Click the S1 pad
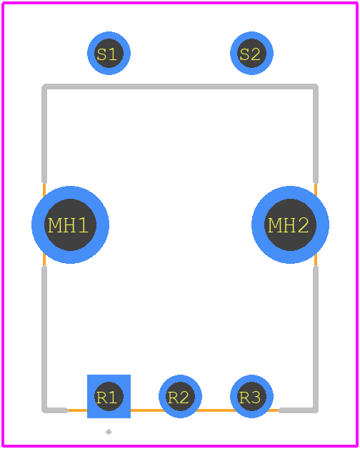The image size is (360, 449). pos(109,53)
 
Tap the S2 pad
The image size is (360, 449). pos(251,53)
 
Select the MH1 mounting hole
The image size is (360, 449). pos(70,224)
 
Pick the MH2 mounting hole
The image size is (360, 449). pos(290,224)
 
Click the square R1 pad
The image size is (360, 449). pos(109,396)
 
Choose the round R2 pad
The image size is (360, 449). pos(180,396)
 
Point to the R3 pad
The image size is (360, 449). pos(251,396)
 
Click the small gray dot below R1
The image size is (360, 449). pos(109,432)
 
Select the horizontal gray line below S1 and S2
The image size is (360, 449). pos(180,87)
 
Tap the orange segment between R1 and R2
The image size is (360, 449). pos(146,410)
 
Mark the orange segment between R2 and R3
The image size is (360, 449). pos(216,410)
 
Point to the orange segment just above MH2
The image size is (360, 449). pos(316,189)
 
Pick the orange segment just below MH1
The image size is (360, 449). pos(44,260)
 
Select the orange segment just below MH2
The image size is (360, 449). pos(316,260)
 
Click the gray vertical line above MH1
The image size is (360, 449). pos(44,134)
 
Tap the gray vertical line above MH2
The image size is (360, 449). pos(316,134)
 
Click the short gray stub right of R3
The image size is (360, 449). pos(298,410)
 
